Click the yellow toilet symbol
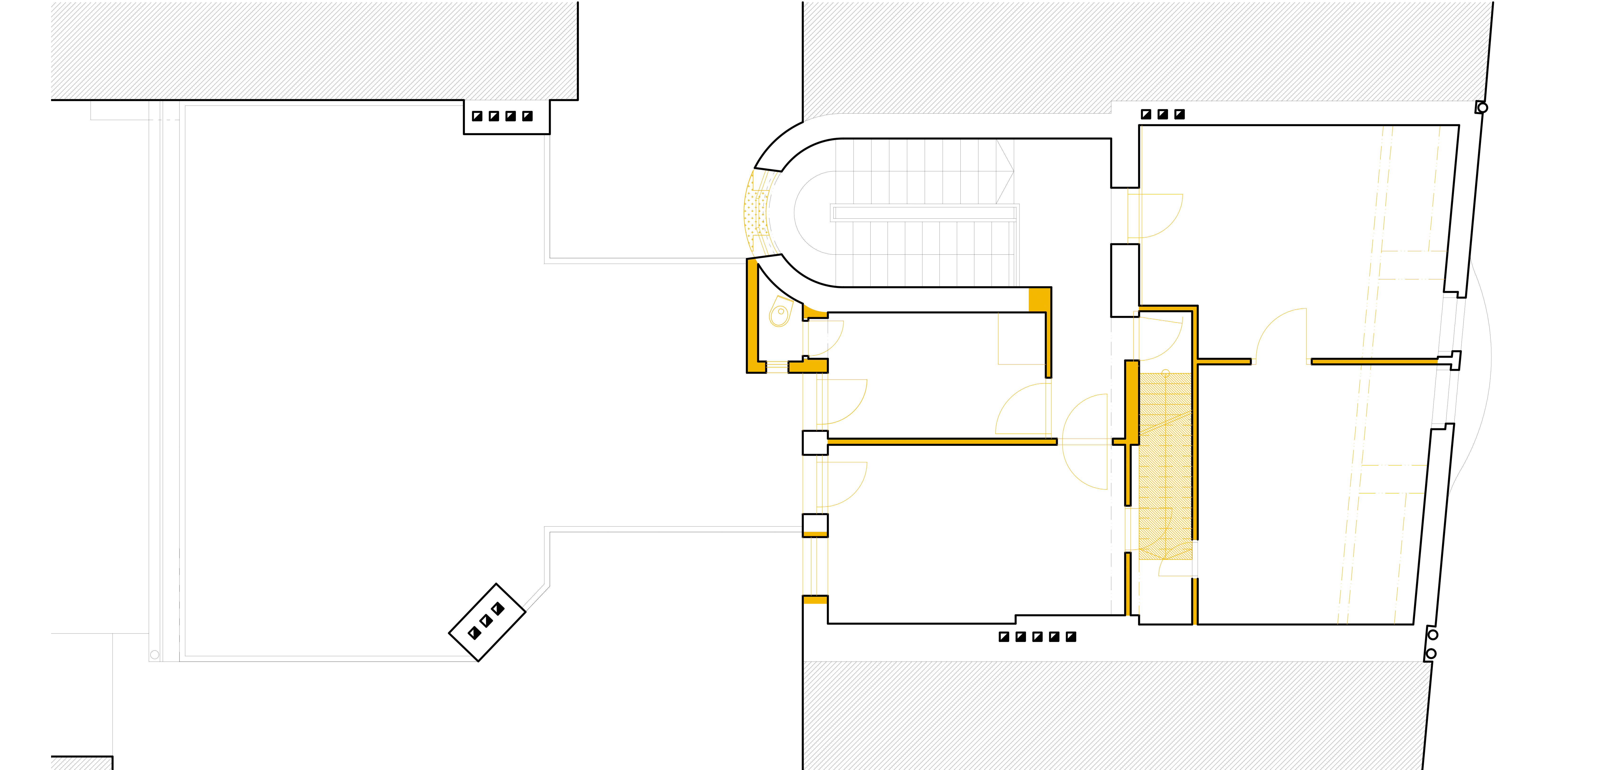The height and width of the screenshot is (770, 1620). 780,313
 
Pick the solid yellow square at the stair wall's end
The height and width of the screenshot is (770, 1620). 1039,299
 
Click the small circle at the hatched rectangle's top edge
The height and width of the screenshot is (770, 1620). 1165,373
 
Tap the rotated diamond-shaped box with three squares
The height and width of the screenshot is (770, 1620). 487,622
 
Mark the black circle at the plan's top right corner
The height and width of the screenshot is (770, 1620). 1482,108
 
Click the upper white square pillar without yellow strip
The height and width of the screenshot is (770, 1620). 815,443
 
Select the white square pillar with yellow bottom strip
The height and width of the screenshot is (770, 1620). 815,525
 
